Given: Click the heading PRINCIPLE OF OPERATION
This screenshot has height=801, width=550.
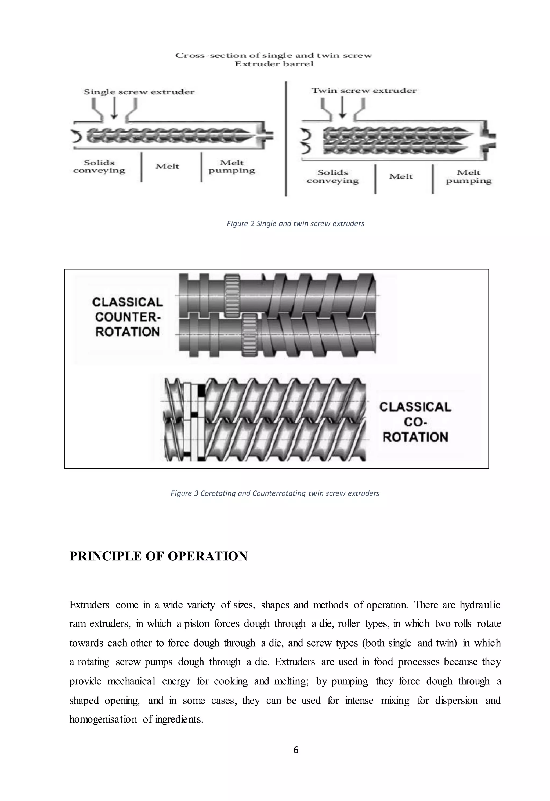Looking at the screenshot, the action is pyautogui.click(x=158, y=556).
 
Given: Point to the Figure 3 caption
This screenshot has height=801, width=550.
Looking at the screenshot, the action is pyautogui.click(x=275, y=493).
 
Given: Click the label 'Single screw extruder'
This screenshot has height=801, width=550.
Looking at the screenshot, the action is pyautogui.click(x=139, y=92).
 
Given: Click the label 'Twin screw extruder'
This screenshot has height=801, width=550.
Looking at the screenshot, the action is pyautogui.click(x=364, y=91).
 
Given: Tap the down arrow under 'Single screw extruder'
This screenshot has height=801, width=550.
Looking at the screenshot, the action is pyautogui.click(x=114, y=108).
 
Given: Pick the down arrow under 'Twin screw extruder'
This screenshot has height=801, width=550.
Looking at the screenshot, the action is pyautogui.click(x=342, y=107).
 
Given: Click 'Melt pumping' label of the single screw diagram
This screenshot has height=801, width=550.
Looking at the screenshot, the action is pyautogui.click(x=231, y=167).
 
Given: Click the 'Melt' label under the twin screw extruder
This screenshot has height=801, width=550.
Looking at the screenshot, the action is pyautogui.click(x=401, y=176).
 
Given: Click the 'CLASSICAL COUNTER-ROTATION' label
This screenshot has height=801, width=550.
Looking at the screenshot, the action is pyautogui.click(x=128, y=317).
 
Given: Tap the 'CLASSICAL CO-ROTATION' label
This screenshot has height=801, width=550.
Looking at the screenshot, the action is pyautogui.click(x=415, y=422).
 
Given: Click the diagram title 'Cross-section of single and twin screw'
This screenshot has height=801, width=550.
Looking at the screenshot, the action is pyautogui.click(x=274, y=56).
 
